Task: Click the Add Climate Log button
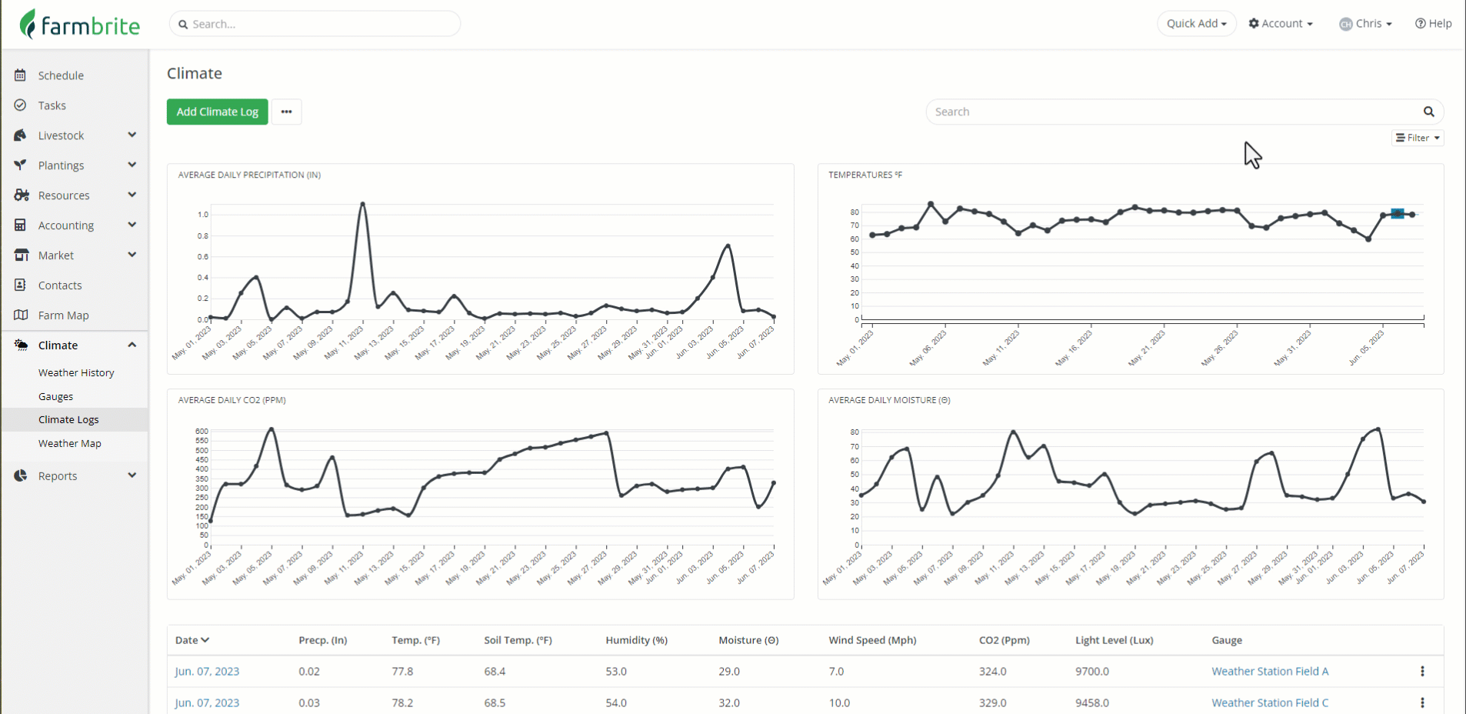tap(217, 112)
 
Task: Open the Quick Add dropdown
tap(1196, 24)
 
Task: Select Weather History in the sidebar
tap(76, 373)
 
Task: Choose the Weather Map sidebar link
tap(69, 444)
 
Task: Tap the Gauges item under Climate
tap(55, 397)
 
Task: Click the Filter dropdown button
tap(1418, 138)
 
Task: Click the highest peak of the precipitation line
tap(362, 204)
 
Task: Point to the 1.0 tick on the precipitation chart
tap(203, 215)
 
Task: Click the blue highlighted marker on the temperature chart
tap(1397, 214)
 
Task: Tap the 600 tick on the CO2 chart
tap(202, 432)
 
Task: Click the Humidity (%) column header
tap(636, 640)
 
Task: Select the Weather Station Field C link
tap(1269, 702)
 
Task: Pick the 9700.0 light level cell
tap(1091, 672)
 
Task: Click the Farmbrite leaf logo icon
tap(28, 24)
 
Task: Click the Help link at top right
tap(1433, 24)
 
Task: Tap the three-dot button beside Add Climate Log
tap(286, 112)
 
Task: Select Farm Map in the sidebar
tap(63, 315)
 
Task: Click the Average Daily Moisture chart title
tap(888, 400)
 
